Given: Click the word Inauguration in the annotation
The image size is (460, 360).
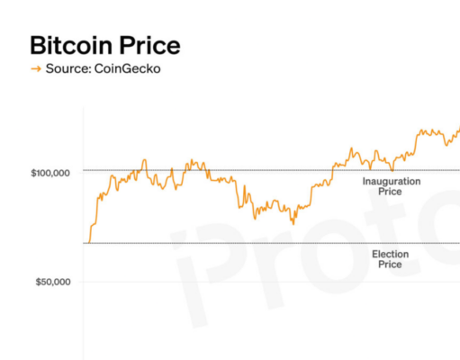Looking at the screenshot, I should click(x=390, y=182).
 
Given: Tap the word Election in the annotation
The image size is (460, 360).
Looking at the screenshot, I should click(x=390, y=255).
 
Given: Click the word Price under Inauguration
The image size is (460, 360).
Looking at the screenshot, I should click(x=390, y=192).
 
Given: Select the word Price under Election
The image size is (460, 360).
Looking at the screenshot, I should click(x=390, y=265).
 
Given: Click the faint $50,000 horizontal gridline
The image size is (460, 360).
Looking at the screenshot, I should click(x=270, y=282).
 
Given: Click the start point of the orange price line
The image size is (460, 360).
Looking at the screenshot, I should click(x=86, y=242).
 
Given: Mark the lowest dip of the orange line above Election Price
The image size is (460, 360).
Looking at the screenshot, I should click(x=293, y=222).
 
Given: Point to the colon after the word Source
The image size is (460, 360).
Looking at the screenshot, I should click(x=87, y=68).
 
